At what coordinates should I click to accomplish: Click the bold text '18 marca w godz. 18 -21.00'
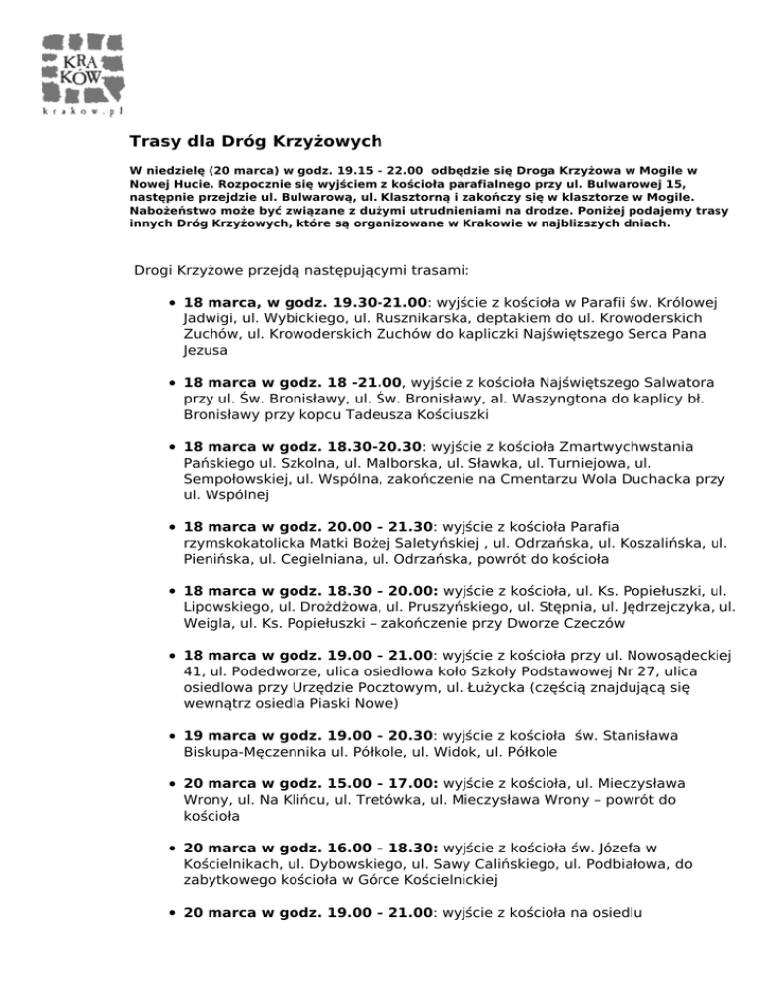[294, 382]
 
